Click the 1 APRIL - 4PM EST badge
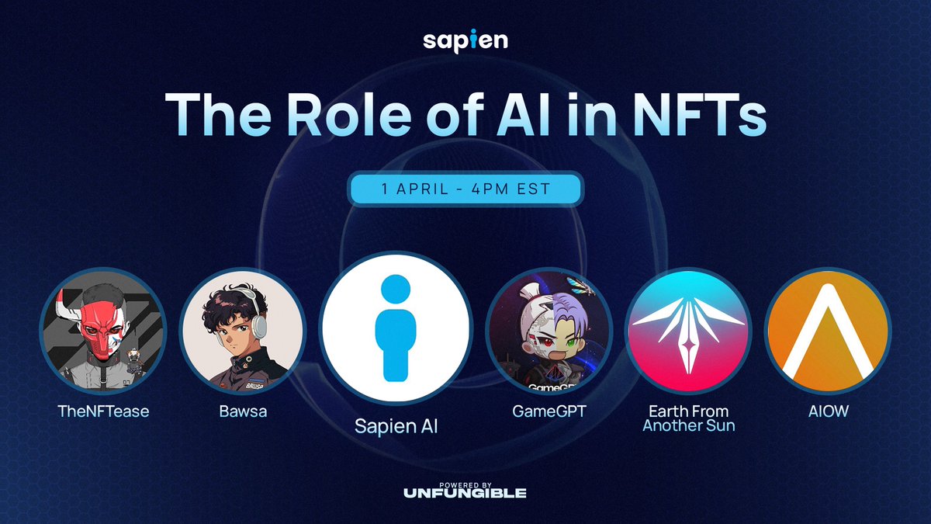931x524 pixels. coord(465,189)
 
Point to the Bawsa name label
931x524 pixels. coord(242,411)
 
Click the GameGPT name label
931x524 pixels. coord(549,411)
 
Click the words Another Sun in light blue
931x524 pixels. coord(688,425)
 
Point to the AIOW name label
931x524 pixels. coord(828,411)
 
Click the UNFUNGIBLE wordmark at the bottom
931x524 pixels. coord(465,493)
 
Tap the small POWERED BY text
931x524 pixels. coord(465,483)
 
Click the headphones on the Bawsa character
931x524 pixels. coord(261,311)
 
